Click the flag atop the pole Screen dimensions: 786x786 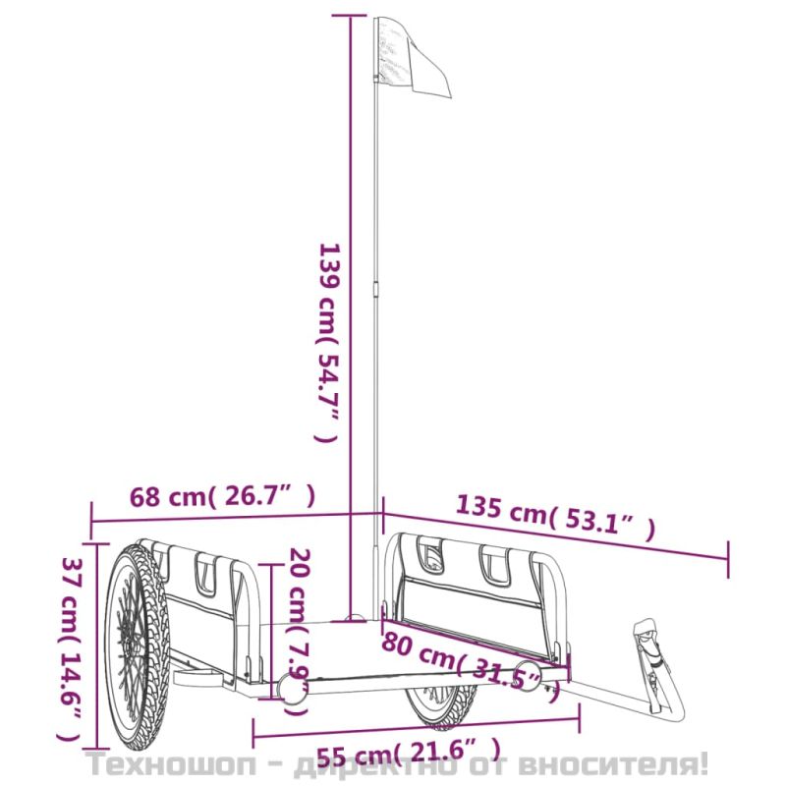coord(412,58)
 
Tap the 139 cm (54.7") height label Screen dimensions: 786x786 coord(328,343)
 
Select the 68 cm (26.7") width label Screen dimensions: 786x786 coord(223,497)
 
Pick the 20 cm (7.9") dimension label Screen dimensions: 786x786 coord(299,632)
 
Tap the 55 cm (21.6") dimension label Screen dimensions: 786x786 coord(409,752)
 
